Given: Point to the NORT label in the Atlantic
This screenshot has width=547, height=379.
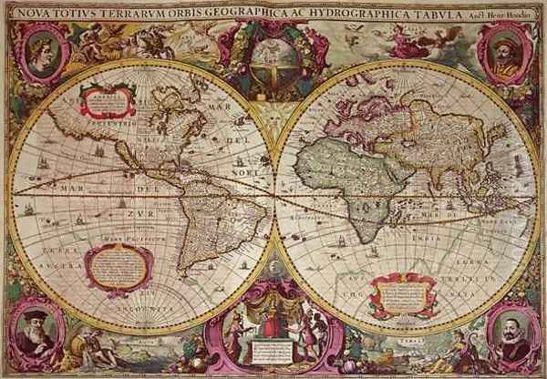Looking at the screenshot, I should click(240, 169).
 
